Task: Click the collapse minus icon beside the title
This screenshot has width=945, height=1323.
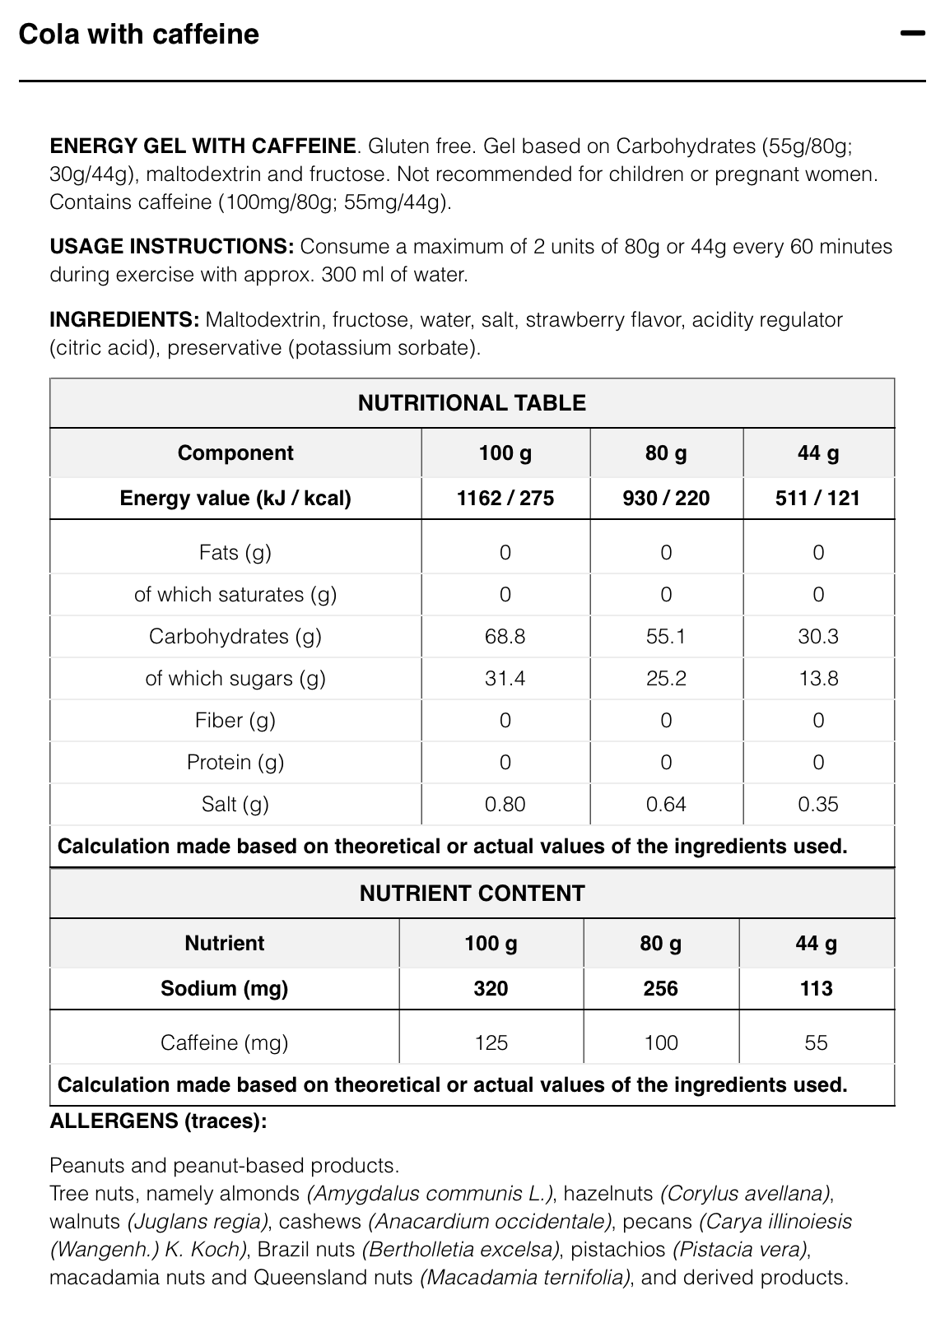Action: pos(913,34)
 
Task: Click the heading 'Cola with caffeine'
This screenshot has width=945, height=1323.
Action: pos(138,34)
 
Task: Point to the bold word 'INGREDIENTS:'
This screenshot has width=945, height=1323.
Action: pos(124,319)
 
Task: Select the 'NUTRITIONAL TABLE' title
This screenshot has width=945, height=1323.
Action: pos(472,403)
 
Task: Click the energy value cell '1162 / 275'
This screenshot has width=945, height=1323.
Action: pos(505,498)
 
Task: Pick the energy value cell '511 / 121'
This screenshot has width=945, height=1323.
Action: pos(817,498)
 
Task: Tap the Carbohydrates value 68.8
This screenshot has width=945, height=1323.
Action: pos(505,636)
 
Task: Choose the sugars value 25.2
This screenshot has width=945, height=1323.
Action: pos(665,678)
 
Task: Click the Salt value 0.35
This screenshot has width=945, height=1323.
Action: pos(817,804)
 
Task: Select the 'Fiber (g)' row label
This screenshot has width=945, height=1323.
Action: pos(235,720)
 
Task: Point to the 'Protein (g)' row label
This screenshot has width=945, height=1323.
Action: pos(235,762)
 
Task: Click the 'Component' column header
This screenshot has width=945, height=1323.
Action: pos(235,453)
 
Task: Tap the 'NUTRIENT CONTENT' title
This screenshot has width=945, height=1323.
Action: pos(472,894)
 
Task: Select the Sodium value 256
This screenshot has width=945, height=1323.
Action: pos(660,988)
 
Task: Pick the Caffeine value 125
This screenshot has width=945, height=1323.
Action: pos(491,1042)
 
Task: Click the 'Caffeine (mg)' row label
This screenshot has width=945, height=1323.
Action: pos(224,1042)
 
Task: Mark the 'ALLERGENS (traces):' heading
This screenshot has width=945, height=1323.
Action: pos(158,1121)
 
